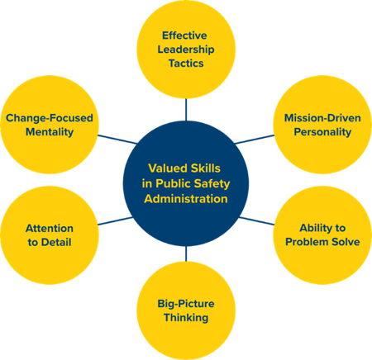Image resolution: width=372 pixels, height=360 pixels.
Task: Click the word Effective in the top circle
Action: click(x=184, y=36)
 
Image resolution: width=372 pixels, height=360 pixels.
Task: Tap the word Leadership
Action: click(x=186, y=50)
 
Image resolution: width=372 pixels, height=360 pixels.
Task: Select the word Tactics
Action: click(x=186, y=64)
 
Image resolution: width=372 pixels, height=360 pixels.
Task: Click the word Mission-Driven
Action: click(x=322, y=118)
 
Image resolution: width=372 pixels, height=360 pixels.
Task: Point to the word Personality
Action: click(x=322, y=132)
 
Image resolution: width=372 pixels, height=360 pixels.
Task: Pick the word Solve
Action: click(x=346, y=242)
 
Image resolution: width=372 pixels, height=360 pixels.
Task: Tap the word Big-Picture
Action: click(x=186, y=304)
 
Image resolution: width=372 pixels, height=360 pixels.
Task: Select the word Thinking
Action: click(x=186, y=318)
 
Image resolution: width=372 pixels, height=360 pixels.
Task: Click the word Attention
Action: click(x=50, y=229)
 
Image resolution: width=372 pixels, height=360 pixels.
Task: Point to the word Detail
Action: click(x=56, y=242)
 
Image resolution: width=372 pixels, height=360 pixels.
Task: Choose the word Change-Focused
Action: click(x=50, y=118)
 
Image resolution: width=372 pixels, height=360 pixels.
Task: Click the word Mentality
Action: click(x=50, y=132)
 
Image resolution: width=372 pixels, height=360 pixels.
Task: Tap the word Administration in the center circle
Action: click(x=186, y=199)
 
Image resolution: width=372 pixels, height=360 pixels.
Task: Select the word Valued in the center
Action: click(x=164, y=168)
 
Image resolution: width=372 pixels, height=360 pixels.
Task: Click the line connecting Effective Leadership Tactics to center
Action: click(x=186, y=109)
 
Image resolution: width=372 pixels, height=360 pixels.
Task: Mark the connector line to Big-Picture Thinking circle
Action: click(x=186, y=253)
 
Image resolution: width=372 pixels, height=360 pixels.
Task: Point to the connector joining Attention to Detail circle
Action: click(x=116, y=221)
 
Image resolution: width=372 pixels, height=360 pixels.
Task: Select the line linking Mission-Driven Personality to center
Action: click(x=255, y=140)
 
